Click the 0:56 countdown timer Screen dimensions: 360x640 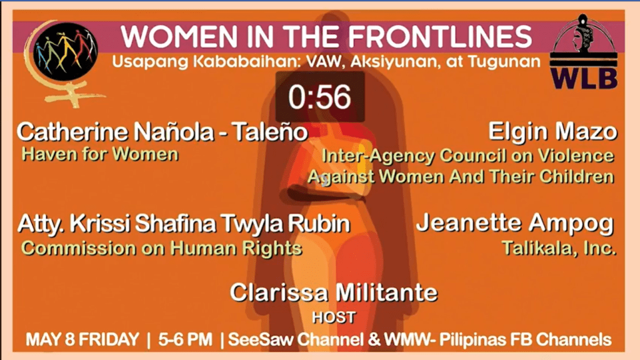pyautogui.click(x=320, y=97)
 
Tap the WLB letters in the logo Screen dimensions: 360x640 pyautogui.click(x=584, y=77)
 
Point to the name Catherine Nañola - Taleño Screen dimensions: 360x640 pyautogui.click(x=162, y=132)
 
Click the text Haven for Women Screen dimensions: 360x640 pyautogui.click(x=100, y=154)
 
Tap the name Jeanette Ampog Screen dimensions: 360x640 pyautogui.click(x=516, y=224)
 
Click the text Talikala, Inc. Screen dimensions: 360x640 pyautogui.click(x=559, y=247)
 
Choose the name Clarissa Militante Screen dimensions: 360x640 pyautogui.click(x=334, y=292)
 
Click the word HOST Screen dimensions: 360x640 pyautogui.click(x=334, y=317)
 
